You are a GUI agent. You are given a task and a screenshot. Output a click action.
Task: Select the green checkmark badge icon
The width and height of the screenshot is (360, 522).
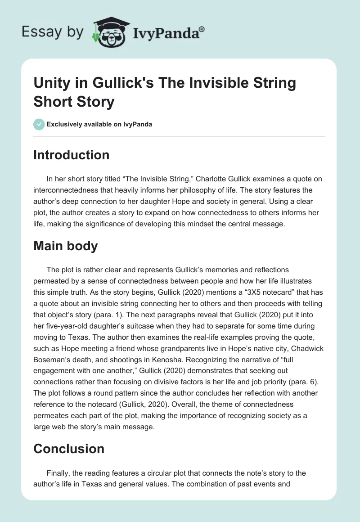[39, 124]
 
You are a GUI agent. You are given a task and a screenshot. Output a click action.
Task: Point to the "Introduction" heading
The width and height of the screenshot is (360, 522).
[72, 155]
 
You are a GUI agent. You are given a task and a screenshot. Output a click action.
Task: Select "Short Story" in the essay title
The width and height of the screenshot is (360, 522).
[74, 101]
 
